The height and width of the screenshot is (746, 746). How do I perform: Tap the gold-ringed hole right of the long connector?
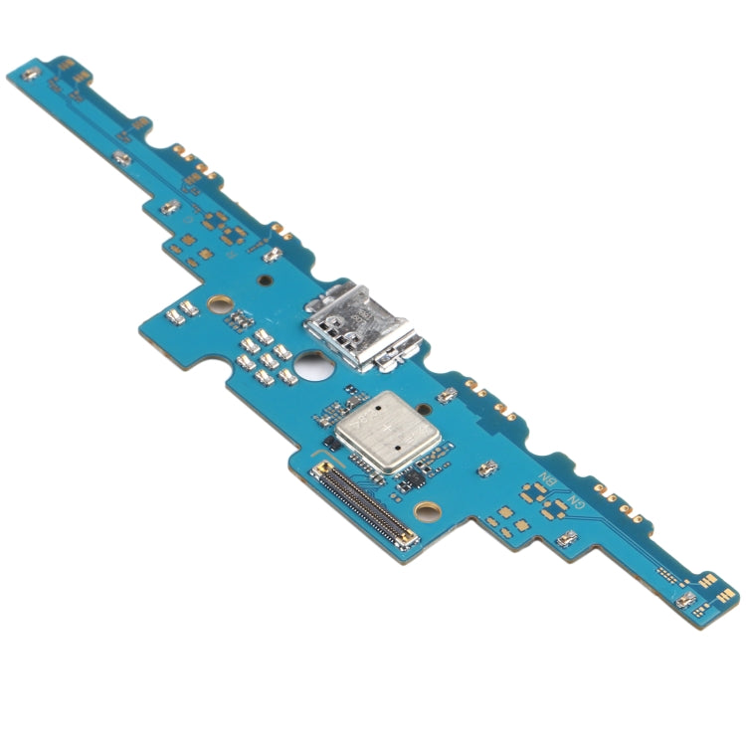(428, 512)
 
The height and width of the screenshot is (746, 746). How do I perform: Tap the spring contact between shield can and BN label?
(486, 467)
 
